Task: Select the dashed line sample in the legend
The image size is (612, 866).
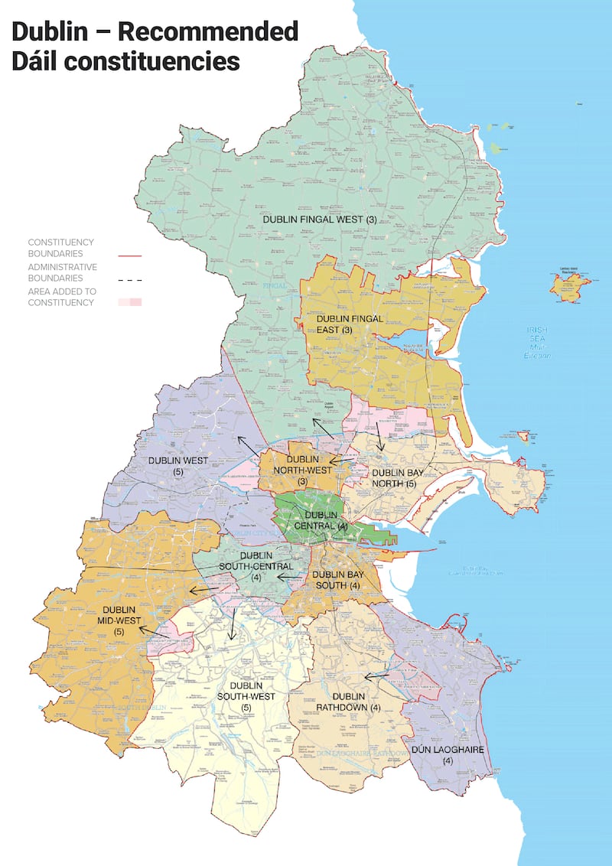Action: [x=130, y=281]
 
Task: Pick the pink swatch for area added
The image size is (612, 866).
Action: [x=130, y=302]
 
